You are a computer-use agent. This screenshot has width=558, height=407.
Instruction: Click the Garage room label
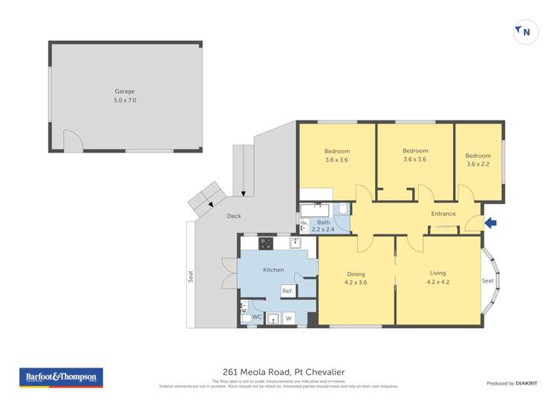click(x=124, y=92)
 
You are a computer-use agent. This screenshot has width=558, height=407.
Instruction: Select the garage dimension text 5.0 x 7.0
click(x=124, y=100)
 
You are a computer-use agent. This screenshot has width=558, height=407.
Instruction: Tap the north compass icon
click(x=525, y=32)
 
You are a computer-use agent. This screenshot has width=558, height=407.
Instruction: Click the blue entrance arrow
click(x=490, y=222)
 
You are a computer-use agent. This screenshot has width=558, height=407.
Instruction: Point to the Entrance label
click(x=443, y=214)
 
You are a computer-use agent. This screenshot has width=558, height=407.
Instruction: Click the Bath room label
click(x=323, y=222)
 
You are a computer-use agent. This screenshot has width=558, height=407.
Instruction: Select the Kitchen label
click(x=273, y=269)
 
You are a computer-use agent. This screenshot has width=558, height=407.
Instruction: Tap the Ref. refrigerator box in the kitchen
click(x=287, y=291)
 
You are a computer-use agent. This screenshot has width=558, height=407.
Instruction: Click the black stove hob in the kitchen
click(x=266, y=243)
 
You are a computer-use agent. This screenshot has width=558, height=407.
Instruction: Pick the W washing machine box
click(x=289, y=318)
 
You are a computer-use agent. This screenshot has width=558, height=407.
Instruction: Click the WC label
click(x=256, y=318)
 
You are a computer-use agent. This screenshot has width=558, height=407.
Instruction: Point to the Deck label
click(x=234, y=216)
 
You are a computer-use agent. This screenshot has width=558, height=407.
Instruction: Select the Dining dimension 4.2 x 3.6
click(x=356, y=282)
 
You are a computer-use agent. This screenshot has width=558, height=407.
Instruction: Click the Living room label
click(x=438, y=274)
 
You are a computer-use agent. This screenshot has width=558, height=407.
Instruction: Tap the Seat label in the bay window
click(x=488, y=281)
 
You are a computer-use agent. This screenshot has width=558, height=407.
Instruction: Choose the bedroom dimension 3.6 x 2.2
click(x=478, y=164)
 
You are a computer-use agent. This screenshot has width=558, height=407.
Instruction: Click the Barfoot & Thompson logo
click(x=61, y=377)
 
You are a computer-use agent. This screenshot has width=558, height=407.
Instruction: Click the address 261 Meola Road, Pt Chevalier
click(x=283, y=372)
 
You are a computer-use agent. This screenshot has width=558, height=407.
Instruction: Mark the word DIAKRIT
click(x=528, y=383)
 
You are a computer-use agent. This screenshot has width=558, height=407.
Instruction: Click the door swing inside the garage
click(x=72, y=141)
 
